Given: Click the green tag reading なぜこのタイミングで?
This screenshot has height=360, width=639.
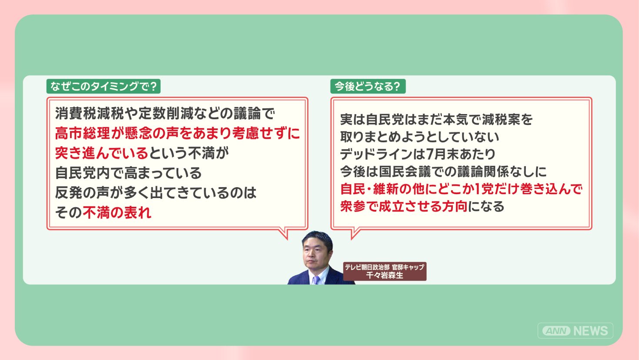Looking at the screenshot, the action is tap(103, 86).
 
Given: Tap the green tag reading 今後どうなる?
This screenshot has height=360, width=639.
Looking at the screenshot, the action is tap(368, 86).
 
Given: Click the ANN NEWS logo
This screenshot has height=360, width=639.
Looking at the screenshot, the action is tap(575, 330).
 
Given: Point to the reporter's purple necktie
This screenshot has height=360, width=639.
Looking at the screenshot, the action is tap(316, 280).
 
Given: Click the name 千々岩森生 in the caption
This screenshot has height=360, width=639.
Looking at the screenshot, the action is tap(385, 275).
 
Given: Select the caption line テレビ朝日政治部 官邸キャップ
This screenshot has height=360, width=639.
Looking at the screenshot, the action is tap(385, 267).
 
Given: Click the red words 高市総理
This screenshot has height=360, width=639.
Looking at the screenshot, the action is tap(82, 133).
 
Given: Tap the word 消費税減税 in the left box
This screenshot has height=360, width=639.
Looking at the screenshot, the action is tap(89, 113).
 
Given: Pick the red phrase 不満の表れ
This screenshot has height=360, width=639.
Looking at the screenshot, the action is tap(117, 212).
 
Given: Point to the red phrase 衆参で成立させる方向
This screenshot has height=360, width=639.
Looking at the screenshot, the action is tap(404, 206).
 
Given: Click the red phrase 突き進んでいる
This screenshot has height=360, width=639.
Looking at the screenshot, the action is tap(101, 153).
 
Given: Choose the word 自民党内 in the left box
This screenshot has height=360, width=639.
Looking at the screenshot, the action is tap(82, 173).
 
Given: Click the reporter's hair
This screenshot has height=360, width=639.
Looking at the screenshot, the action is tap(318, 239).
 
